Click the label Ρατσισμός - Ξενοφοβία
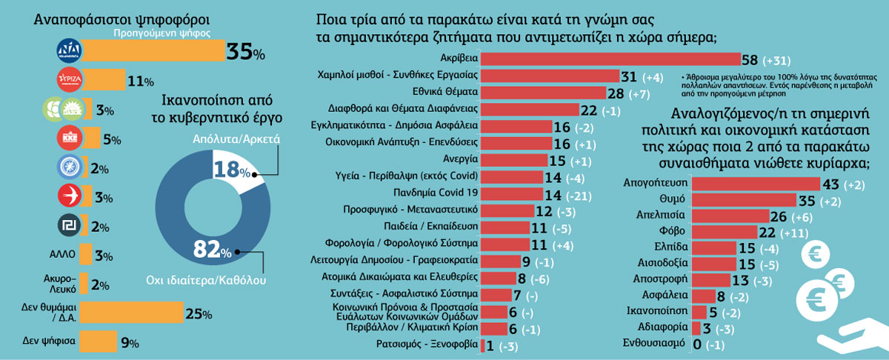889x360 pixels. [x=430, y=344]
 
